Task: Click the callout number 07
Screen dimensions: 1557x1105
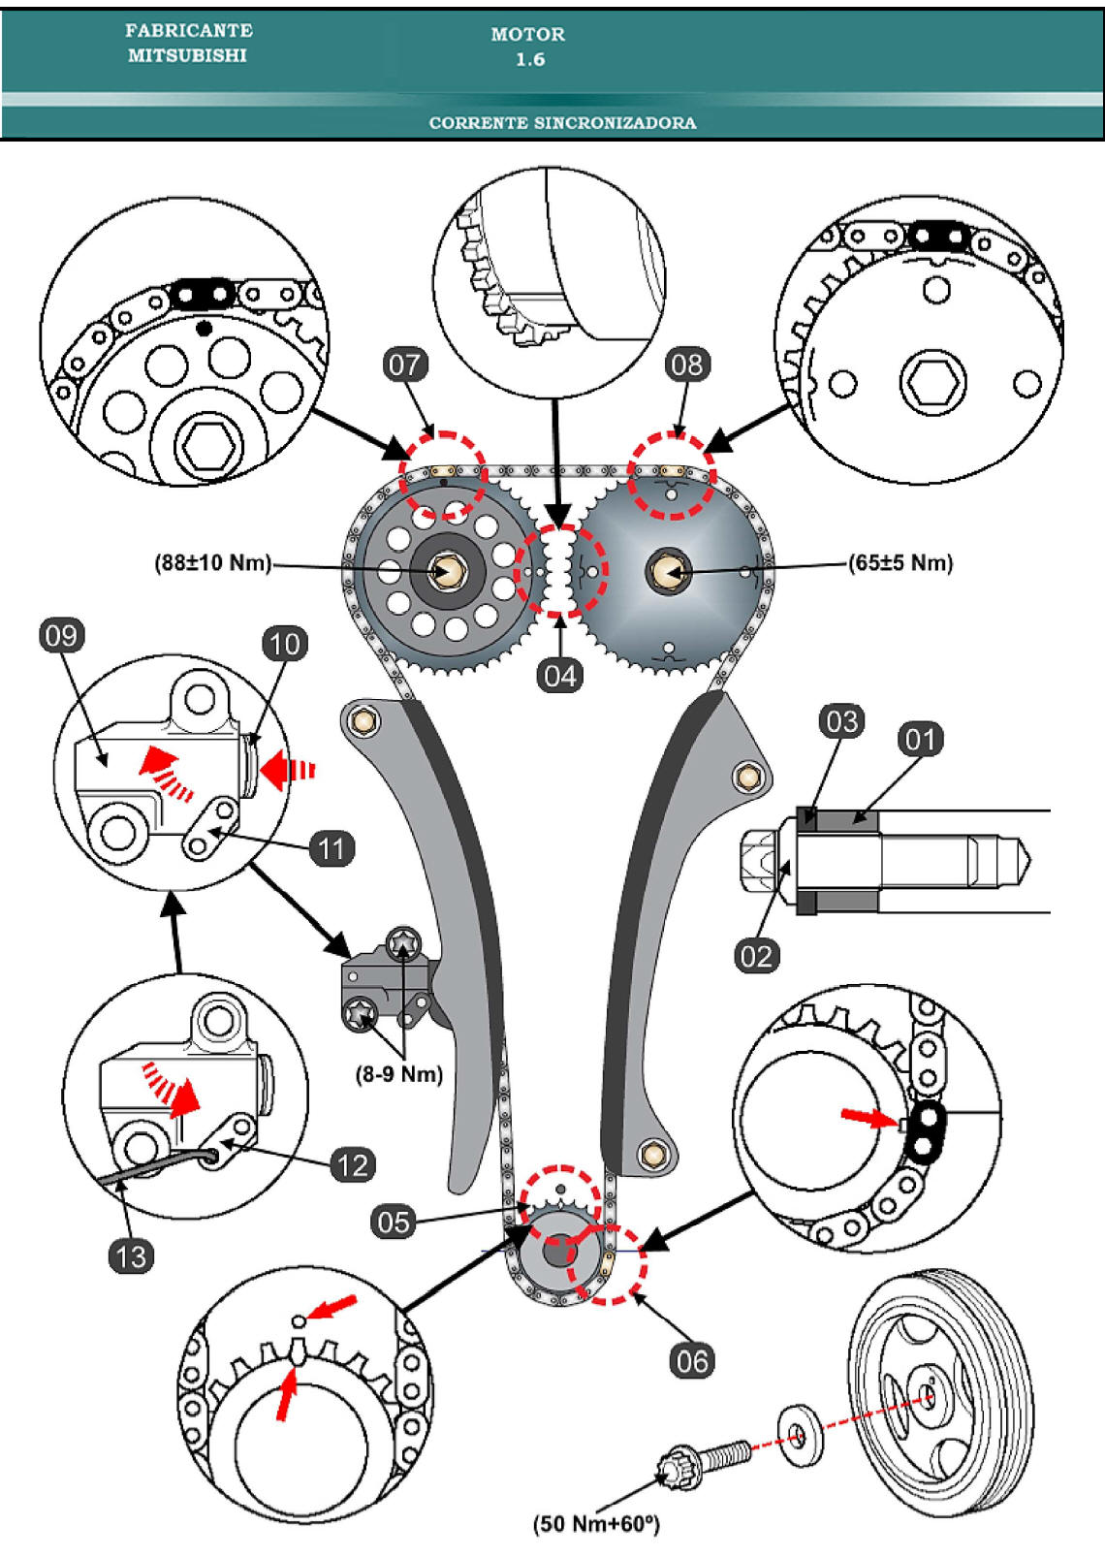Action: point(404,365)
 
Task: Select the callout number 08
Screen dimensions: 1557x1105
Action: point(687,365)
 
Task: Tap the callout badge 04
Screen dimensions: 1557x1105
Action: point(559,676)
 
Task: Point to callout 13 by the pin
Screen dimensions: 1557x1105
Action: point(131,1256)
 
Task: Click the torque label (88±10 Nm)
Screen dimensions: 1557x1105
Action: point(213,563)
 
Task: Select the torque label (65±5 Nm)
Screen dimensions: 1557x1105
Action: point(900,563)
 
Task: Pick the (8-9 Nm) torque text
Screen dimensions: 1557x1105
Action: point(399,1074)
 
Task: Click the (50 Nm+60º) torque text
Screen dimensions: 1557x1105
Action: point(596,1524)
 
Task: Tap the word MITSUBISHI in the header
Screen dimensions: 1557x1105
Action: point(187,56)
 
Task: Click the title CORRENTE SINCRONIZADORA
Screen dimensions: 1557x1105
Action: point(562,123)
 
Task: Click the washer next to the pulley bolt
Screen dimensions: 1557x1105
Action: point(802,1433)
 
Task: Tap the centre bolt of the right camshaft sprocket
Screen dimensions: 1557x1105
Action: point(669,571)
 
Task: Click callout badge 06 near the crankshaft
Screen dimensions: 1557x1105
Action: point(691,1361)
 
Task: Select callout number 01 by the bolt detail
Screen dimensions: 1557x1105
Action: point(920,740)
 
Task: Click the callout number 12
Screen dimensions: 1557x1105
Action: point(353,1164)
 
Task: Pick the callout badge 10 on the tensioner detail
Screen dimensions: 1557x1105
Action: point(284,644)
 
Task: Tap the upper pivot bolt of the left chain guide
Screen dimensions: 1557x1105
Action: point(365,720)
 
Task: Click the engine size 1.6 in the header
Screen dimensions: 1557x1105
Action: point(529,59)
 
